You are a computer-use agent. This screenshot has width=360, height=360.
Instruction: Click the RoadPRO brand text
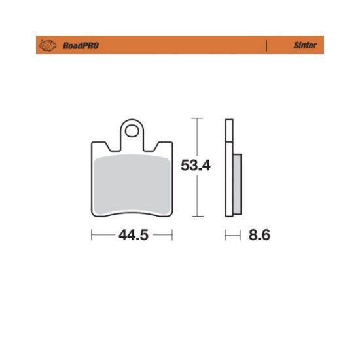tap(81, 45)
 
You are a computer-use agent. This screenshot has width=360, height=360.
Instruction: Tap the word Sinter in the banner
tap(305, 45)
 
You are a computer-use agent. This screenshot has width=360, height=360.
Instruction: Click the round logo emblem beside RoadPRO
tap(48, 45)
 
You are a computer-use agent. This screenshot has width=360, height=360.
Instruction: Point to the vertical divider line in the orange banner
tap(266, 45)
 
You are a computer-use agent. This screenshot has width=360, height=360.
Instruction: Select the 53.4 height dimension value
tap(196, 166)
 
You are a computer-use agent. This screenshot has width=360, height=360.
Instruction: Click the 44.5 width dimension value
tap(134, 235)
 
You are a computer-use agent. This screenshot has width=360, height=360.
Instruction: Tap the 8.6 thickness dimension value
tap(259, 235)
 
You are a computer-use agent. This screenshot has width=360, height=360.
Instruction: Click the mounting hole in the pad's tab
tap(132, 131)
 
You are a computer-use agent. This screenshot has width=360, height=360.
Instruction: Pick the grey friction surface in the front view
tap(132, 185)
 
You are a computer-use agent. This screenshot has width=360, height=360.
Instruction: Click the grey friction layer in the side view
tap(237, 184)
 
